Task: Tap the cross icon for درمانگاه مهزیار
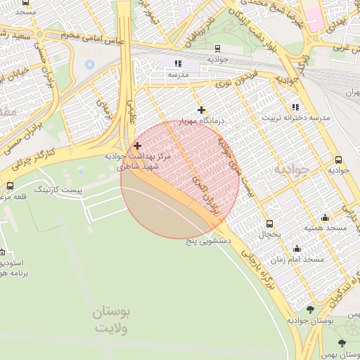[202, 110]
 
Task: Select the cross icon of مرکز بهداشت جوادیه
[136, 145]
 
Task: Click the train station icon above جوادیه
[217, 49]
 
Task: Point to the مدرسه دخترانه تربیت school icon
[295, 106]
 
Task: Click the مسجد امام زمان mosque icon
[296, 248]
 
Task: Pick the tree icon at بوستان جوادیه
[310, 309]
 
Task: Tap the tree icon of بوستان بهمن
[342, 342]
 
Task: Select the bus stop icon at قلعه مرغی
[10, 186]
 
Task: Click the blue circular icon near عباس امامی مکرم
[89, 64]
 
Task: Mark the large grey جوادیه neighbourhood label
[291, 169]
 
